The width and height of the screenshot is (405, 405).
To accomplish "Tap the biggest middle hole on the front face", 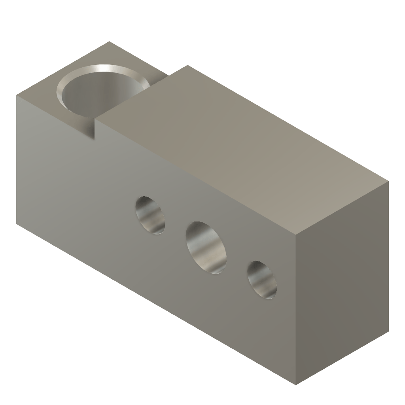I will pos(207,248).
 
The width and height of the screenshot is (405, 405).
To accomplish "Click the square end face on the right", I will pos(343,285).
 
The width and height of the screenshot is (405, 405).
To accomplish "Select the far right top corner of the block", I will pos(388,182).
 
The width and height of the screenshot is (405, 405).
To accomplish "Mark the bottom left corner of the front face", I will pos(17,224).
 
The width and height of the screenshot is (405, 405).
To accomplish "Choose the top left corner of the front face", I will pos(17,95).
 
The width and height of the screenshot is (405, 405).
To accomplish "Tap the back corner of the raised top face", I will pos(186,66).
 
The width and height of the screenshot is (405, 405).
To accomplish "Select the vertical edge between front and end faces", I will pos(296,308).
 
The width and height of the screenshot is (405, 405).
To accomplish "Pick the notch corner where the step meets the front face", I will pos(96,138).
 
